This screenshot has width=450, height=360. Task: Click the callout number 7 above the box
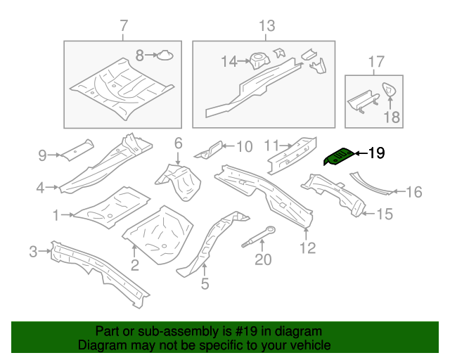[124, 27]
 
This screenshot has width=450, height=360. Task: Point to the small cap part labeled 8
[164, 53]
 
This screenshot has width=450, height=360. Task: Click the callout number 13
[266, 27]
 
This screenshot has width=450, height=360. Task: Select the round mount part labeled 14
[257, 60]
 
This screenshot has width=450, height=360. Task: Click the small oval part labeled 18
[388, 89]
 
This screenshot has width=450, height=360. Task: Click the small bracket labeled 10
[209, 148]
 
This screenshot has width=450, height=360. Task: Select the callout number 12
[307, 247]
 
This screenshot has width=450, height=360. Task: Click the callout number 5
[205, 284]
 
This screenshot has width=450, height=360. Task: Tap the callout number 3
[32, 251]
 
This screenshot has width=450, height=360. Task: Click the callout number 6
[178, 143]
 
